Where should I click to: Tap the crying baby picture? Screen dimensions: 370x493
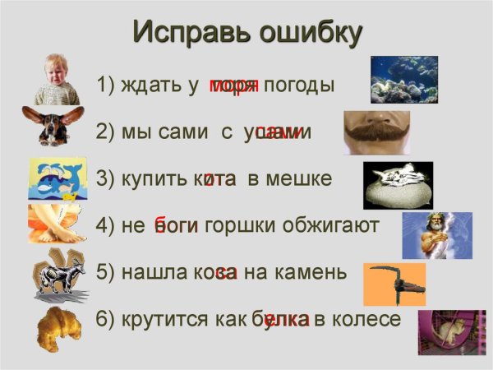[x=57, y=80]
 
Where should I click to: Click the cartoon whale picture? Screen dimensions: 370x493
[x=57, y=178]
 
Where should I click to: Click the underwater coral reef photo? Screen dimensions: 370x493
[x=403, y=79]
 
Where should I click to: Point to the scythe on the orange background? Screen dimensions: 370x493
[x=394, y=284]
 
